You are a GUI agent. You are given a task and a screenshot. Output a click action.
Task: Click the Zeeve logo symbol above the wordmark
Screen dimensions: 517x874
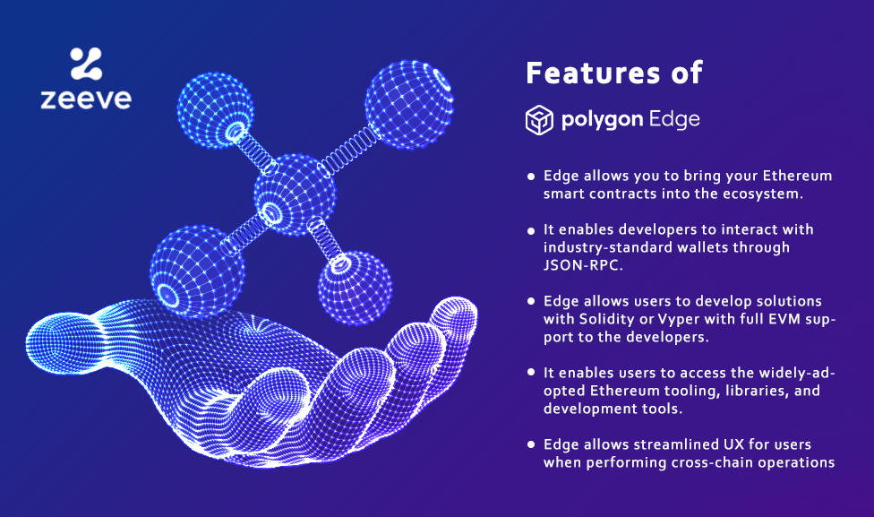point(86,64)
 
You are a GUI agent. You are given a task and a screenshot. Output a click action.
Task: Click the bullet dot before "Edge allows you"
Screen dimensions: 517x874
point(532,176)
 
